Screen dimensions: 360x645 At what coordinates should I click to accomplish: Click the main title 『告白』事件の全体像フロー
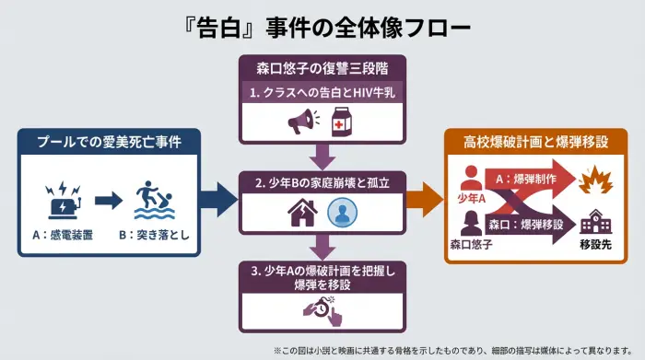click(322, 28)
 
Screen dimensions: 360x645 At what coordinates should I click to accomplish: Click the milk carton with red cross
click(343, 122)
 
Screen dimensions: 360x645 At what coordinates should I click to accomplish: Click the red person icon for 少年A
click(472, 177)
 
